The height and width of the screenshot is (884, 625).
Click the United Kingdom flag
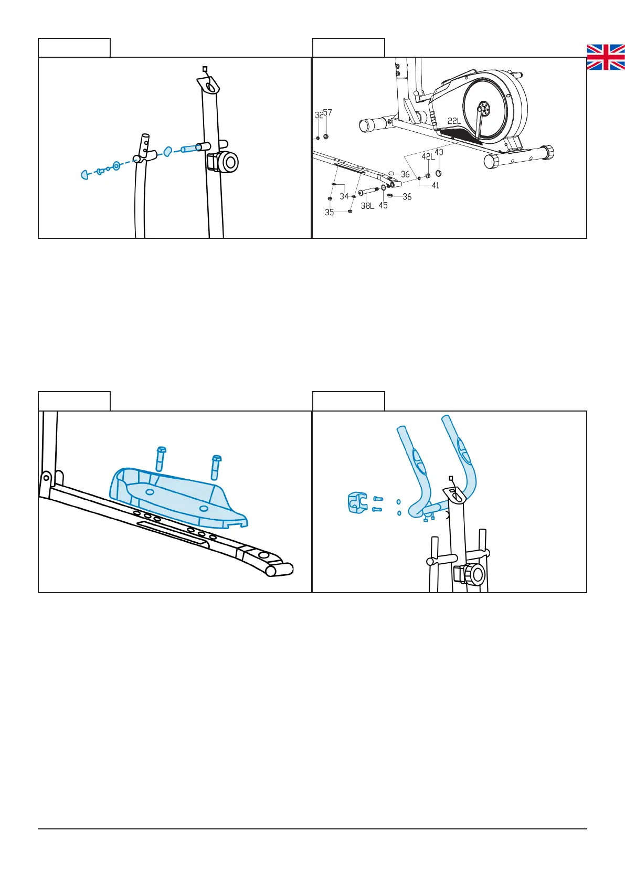pyautogui.click(x=606, y=57)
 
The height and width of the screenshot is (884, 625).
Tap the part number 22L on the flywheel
pyautogui.click(x=454, y=121)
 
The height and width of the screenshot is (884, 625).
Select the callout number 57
pyautogui.click(x=327, y=112)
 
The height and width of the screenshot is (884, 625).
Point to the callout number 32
pyautogui.click(x=319, y=115)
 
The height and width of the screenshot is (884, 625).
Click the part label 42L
pyautogui.click(x=428, y=156)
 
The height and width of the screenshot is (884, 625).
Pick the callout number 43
pyautogui.click(x=439, y=152)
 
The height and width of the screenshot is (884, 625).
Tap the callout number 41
pyautogui.click(x=435, y=185)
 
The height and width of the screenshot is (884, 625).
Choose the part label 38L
pyautogui.click(x=367, y=206)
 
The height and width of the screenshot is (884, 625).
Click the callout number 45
pyautogui.click(x=383, y=205)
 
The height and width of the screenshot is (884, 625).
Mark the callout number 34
pyautogui.click(x=344, y=196)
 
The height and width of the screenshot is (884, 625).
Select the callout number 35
pyautogui.click(x=329, y=213)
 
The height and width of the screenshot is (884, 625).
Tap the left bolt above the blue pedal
pyautogui.click(x=161, y=459)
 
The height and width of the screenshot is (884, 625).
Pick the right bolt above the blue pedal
pyautogui.click(x=216, y=466)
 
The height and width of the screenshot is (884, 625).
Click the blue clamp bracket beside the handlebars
pyautogui.click(x=357, y=503)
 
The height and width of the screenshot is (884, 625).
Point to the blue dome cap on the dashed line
pyautogui.click(x=85, y=174)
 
